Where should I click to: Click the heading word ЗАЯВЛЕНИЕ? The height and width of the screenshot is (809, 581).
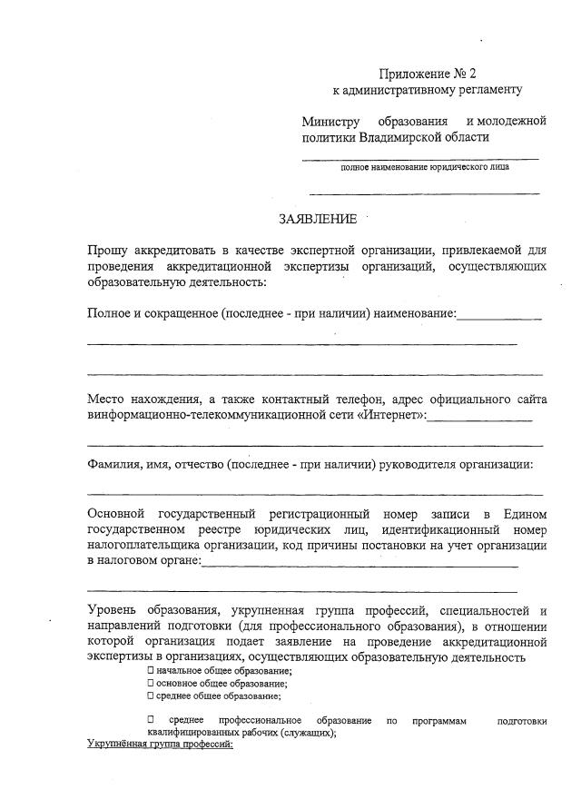pos(318,219)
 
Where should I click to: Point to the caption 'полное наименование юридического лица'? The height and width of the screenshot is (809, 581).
pos(425,167)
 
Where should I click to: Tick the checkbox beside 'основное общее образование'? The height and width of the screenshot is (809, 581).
pos(151,683)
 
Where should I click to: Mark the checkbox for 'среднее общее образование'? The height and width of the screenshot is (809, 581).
pos(151,696)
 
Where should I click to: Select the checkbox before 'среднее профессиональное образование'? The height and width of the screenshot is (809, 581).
pos(151,720)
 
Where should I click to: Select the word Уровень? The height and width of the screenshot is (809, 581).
pos(113,609)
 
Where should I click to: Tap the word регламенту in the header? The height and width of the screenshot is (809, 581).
pos(491,90)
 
